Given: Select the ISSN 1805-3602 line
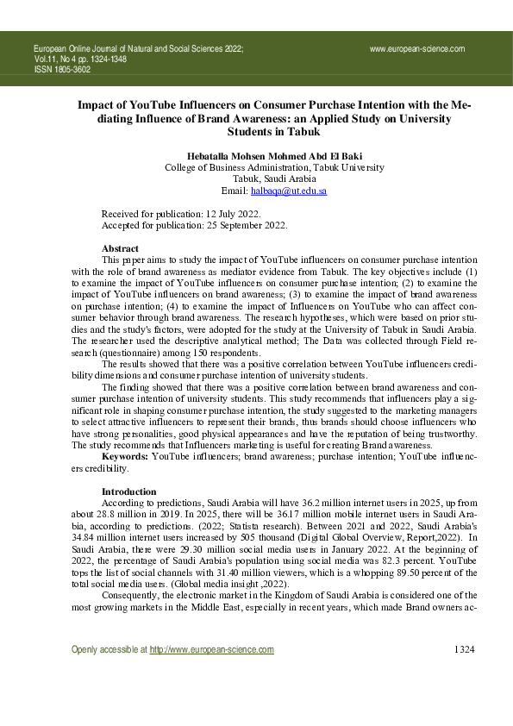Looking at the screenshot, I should click(x=63, y=71).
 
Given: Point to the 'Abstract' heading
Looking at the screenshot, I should click(x=120, y=248).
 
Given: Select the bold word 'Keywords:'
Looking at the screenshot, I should click(x=126, y=457).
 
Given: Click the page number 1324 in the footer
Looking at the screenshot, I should click(x=464, y=673).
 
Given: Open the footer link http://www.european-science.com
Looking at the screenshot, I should click(x=211, y=673).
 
